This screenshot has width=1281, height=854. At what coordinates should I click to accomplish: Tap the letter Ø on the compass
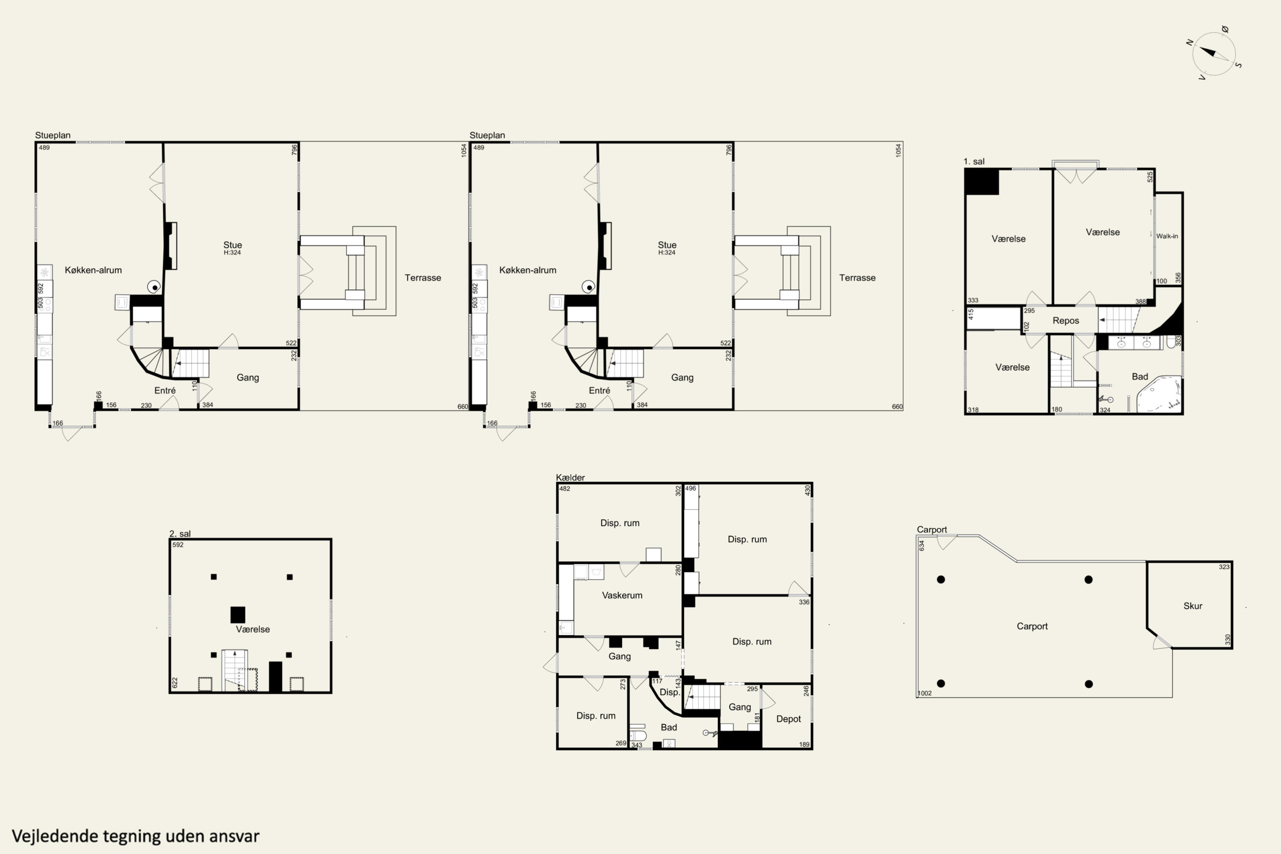(1225, 29)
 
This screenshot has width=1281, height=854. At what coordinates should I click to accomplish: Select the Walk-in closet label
(1167, 236)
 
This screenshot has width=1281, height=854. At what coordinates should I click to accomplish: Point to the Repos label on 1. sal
(1066, 321)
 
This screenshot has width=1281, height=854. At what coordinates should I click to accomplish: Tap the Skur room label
(1193, 605)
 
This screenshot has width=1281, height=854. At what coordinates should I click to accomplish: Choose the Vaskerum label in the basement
(622, 595)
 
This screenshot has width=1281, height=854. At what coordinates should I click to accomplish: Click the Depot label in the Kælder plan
(788, 719)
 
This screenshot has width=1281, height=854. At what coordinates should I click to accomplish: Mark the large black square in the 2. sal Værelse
(237, 614)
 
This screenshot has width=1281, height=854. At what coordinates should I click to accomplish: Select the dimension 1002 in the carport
(925, 693)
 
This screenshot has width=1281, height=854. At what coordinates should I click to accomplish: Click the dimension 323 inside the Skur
(1224, 567)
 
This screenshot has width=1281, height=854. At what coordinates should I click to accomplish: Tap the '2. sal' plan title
(180, 534)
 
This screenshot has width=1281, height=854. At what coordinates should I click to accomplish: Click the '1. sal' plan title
(974, 161)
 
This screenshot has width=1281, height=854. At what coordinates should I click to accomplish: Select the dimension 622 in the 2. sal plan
(175, 683)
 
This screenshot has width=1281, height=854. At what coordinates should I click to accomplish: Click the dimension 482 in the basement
(565, 488)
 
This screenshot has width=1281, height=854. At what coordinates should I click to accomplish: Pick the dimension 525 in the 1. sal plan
(1150, 177)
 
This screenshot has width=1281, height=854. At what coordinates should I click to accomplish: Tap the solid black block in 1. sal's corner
(981, 182)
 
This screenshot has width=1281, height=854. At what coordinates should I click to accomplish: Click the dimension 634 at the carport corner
(921, 545)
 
